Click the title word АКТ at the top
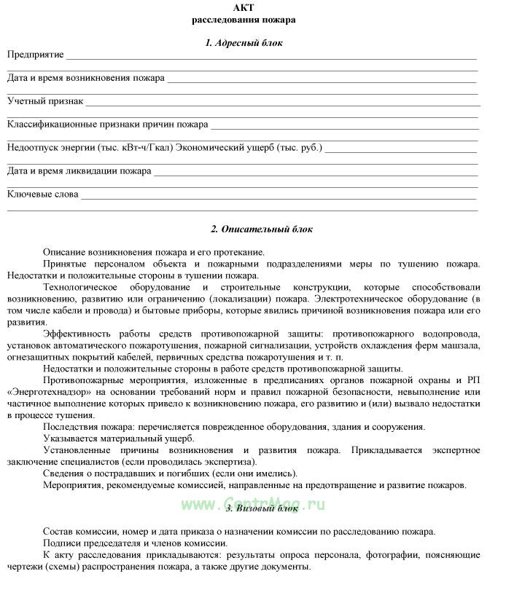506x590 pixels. (x=244, y=7)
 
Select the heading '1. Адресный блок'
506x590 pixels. (x=244, y=43)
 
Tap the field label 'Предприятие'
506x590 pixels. (x=36, y=55)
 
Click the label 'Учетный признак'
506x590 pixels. (x=45, y=101)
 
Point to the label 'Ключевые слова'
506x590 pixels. (x=42, y=194)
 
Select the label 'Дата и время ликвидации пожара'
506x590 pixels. (x=79, y=171)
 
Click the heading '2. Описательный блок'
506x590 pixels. (x=262, y=229)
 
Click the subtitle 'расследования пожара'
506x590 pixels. (x=244, y=20)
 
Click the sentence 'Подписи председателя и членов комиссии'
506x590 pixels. (x=135, y=543)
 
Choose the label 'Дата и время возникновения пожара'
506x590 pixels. (x=86, y=78)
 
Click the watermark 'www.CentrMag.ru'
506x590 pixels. (x=254, y=504)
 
